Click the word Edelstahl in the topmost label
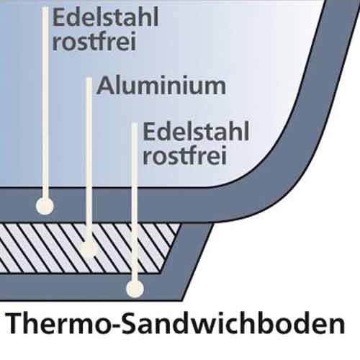coord(106,17)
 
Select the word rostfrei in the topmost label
coord(94,41)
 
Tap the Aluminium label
coord(161,86)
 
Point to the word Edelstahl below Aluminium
coord(196,131)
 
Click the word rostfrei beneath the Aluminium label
coord(185,155)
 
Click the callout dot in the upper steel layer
coord(45,206)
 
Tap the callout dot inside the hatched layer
coord(89,249)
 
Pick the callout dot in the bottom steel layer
coord(135,288)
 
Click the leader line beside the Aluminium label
coord(89,160)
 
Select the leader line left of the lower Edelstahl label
coord(135,202)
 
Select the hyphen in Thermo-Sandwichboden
coord(114,325)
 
